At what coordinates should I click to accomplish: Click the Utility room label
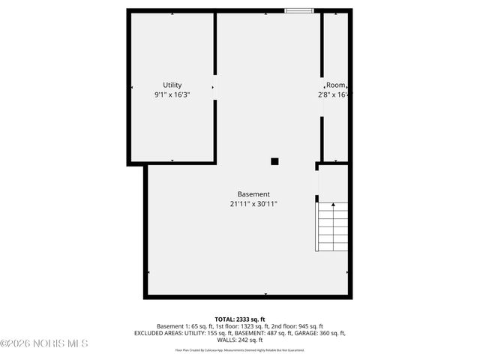pyautogui.click(x=172, y=85)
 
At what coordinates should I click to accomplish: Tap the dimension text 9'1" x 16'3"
pyautogui.click(x=172, y=95)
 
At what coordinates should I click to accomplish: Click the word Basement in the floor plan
pyautogui.click(x=253, y=193)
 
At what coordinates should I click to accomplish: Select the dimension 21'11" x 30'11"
pyautogui.click(x=253, y=204)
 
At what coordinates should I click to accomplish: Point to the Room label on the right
pyautogui.click(x=335, y=85)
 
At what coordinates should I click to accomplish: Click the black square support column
pyautogui.click(x=274, y=161)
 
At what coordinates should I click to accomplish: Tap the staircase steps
pyautogui.click(x=333, y=226)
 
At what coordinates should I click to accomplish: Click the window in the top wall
pyautogui.click(x=298, y=10)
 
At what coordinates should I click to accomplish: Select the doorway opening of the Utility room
pyautogui.click(x=215, y=88)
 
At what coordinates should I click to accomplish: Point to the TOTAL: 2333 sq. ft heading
pyautogui.click(x=239, y=319)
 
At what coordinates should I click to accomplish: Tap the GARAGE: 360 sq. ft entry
pyautogui.click(x=322, y=333)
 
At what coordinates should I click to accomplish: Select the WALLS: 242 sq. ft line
pyautogui.click(x=239, y=340)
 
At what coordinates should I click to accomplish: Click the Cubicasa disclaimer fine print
pyautogui.click(x=239, y=349)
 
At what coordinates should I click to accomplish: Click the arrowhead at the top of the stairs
pyautogui.click(x=316, y=199)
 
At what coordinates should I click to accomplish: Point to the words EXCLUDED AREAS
pyautogui.click(x=157, y=333)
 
